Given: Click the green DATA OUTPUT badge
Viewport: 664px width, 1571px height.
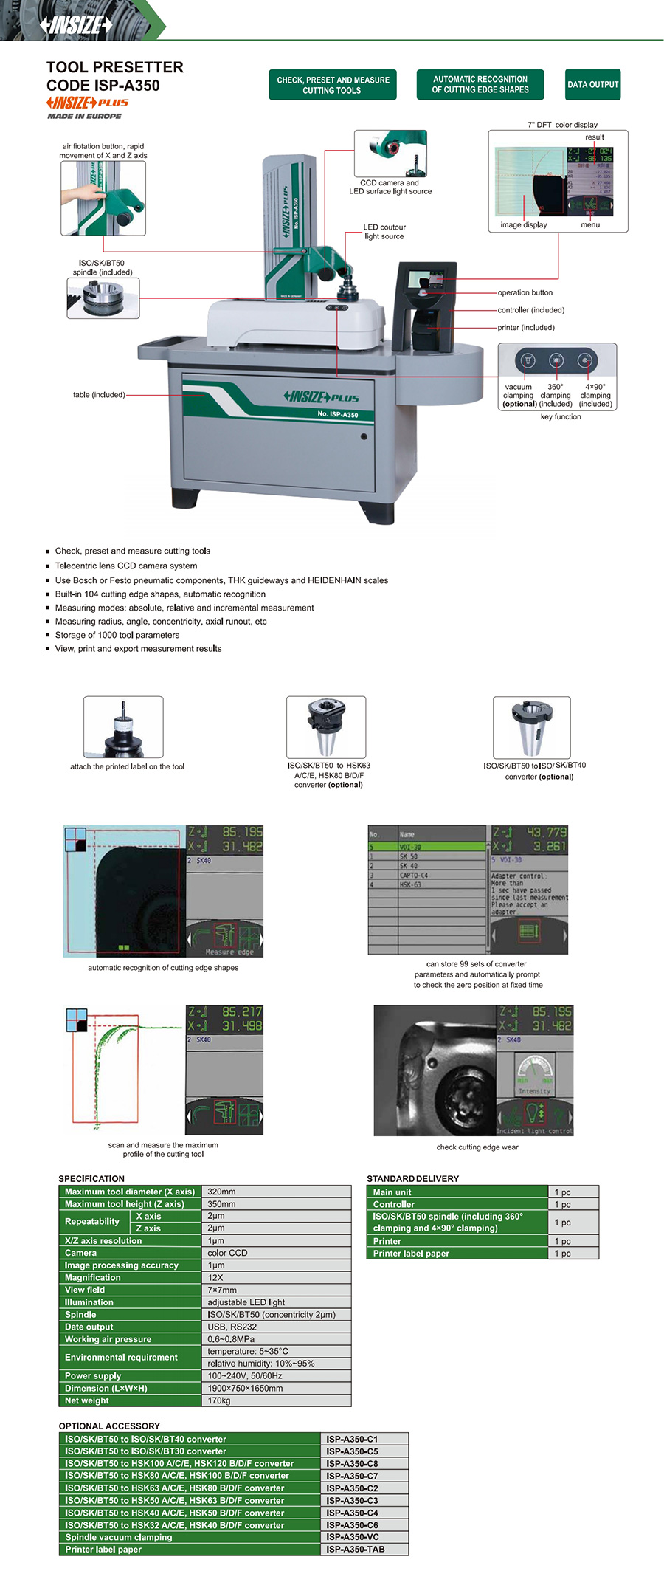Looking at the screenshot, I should coord(592,85).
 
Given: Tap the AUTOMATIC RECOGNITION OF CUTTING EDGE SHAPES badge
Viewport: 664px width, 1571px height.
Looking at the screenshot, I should coord(480,85).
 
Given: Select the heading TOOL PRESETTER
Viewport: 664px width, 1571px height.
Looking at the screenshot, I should coord(115,67).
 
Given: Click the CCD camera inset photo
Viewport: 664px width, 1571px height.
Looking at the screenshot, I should coord(390,154).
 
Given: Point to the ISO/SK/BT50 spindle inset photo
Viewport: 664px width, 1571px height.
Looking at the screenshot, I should coord(103,298).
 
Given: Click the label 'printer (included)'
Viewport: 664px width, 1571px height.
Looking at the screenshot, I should coord(526,328).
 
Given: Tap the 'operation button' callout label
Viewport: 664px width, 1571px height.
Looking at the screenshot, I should coord(525,293).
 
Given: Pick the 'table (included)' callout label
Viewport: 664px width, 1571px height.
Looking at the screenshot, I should coord(99,395).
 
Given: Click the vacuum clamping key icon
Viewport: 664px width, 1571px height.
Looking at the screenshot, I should coord(528,360).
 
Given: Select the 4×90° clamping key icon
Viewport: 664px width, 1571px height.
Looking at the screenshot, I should coord(585,360).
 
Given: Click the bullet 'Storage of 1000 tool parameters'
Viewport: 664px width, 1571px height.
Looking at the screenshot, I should coord(117,635).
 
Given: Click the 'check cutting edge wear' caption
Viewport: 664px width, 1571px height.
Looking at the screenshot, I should coord(477,1147).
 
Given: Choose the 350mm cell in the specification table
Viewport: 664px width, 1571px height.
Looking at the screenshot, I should coord(221,1204).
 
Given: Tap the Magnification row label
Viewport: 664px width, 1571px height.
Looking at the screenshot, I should coord(93,1278).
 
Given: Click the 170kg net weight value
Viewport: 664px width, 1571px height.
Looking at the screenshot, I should coord(219,1400).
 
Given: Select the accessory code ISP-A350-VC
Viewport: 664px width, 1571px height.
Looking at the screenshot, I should coord(353,1537).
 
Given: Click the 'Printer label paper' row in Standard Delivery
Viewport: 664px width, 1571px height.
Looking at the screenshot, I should coord(411,1254).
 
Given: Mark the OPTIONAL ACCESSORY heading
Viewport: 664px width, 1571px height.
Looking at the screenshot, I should coord(109,1426).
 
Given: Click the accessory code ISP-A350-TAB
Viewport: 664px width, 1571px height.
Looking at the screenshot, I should coord(356,1550).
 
